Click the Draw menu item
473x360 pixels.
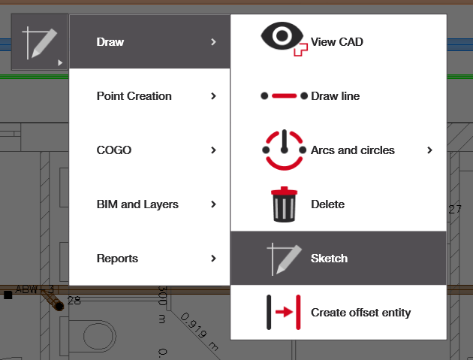(x=110, y=42)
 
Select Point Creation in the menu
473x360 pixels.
(x=134, y=96)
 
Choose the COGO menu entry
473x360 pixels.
(x=114, y=150)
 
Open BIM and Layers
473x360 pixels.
(x=137, y=204)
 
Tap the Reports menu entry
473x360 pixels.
(x=117, y=259)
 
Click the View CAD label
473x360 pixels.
(x=337, y=42)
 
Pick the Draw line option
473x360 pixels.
(x=335, y=96)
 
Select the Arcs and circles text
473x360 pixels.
(x=353, y=150)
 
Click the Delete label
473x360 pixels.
(x=327, y=204)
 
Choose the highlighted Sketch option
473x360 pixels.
(x=329, y=259)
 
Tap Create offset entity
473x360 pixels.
(x=361, y=313)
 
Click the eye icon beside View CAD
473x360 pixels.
(x=282, y=36)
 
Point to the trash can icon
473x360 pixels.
(x=284, y=204)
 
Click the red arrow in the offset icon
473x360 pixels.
(x=284, y=312)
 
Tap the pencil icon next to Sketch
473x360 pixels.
(x=284, y=259)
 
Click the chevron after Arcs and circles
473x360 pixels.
(x=430, y=150)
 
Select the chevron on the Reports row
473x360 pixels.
(x=213, y=259)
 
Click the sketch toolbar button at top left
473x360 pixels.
(x=40, y=42)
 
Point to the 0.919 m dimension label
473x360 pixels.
(x=200, y=331)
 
